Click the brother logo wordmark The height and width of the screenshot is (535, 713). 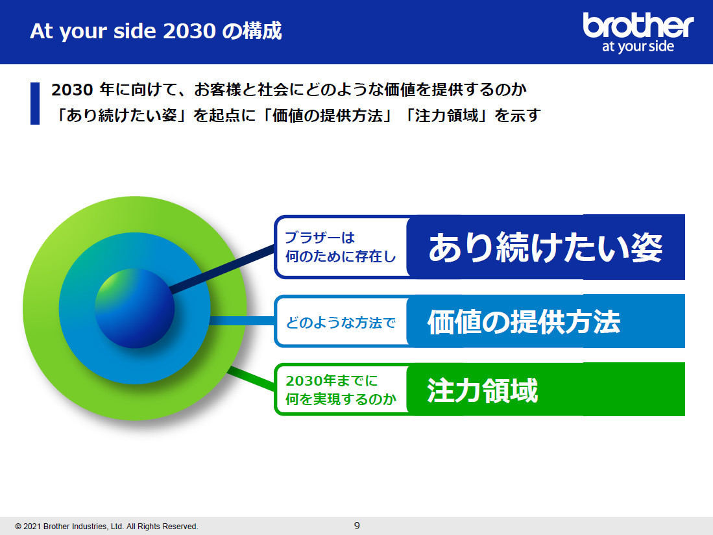coord(638,25)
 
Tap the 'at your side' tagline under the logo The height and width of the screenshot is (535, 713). coord(638,46)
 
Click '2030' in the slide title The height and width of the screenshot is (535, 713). coord(189,31)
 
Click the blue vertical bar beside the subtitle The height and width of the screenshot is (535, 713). coord(35,103)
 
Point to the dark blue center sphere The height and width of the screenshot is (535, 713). coord(134,308)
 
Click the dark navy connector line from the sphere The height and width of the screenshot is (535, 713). coord(222,268)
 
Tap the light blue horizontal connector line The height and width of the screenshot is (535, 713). coord(242,321)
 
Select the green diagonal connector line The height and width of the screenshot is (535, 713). coord(250,379)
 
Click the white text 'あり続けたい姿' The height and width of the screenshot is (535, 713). coord(545,247)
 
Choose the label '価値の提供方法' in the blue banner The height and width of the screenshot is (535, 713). coord(524,322)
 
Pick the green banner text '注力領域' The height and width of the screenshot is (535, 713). coord(483,390)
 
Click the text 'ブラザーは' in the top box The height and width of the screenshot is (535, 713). coord(320,237)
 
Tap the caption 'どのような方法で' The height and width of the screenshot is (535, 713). coord(341,323)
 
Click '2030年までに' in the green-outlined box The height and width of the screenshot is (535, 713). coord(332,380)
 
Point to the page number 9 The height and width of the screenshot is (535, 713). coord(357,525)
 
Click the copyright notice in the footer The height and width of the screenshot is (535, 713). coord(107,527)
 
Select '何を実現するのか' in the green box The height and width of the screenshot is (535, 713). coord(341,399)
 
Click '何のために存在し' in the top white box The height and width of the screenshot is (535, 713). coord(341,256)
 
